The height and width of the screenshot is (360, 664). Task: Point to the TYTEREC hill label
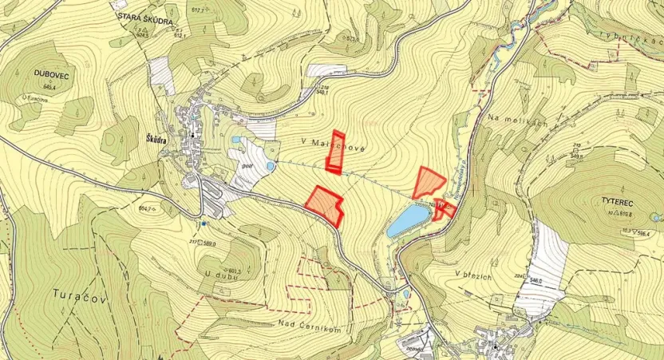point(607,203)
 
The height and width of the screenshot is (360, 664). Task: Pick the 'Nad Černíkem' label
point(310,325)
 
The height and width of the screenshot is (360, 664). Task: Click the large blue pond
point(407,220)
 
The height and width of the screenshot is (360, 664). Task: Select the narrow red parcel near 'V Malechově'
point(336,152)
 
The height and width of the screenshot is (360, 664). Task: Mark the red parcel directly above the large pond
point(428,182)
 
